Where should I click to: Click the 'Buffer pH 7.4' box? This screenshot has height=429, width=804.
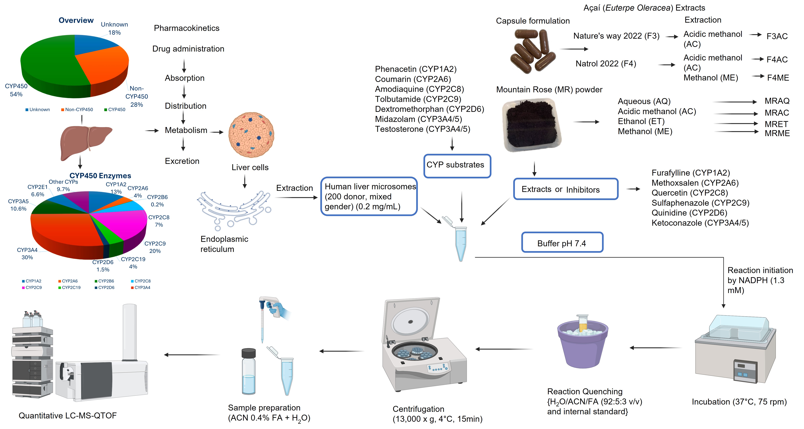click(x=562, y=242)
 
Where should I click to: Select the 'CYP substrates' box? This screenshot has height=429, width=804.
click(x=457, y=166)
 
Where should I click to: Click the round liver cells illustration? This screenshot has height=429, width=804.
click(x=251, y=135)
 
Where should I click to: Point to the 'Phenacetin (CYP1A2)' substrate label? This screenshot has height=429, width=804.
click(x=415, y=69)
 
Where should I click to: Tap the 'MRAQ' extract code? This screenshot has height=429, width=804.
click(x=777, y=101)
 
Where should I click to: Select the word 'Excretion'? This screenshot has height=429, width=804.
click(x=182, y=161)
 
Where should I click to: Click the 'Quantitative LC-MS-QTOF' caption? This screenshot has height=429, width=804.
click(x=68, y=416)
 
